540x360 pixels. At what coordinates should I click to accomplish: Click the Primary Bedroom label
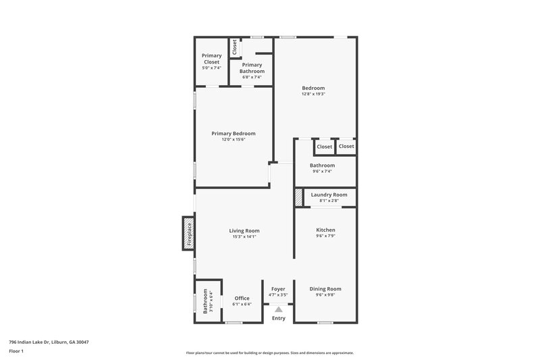click(233, 134)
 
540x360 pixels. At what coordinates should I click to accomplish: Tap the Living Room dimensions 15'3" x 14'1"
click(244, 236)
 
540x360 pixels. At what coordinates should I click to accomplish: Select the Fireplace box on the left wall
click(188, 233)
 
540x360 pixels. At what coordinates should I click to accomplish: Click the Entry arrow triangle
click(278, 309)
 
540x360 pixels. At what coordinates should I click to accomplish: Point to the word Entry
click(278, 318)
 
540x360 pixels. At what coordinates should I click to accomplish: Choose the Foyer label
click(278, 289)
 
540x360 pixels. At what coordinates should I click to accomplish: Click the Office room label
click(242, 298)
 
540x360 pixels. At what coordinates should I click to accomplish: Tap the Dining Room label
click(325, 289)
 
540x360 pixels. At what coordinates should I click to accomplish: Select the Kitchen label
click(325, 230)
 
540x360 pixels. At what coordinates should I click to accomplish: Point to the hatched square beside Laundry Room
click(298, 197)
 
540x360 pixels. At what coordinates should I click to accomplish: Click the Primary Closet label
click(211, 58)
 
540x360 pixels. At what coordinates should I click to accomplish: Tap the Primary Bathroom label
click(252, 68)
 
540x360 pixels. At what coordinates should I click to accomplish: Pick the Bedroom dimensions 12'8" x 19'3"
click(313, 94)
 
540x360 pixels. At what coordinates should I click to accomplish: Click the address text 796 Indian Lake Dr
click(49, 342)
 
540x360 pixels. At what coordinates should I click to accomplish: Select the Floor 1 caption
click(17, 352)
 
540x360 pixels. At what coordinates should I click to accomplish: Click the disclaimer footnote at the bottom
click(269, 353)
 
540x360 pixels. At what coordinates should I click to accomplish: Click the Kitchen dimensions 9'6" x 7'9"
click(325, 236)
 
